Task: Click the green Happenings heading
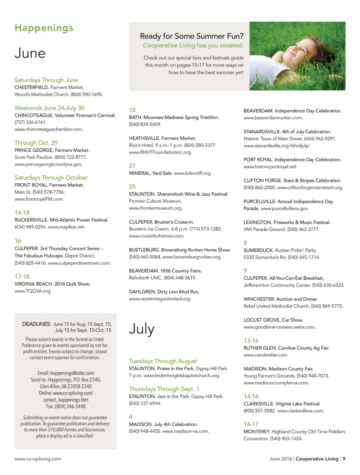pos(44,28)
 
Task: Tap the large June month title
pos(30,53)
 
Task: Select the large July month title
pos(142,329)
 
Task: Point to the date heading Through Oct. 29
pos(36,143)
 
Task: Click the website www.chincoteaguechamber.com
pos(49,129)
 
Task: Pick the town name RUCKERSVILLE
pos(31,220)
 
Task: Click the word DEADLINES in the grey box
pos(37,324)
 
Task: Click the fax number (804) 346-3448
pos(70,406)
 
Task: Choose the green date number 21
pos(132,166)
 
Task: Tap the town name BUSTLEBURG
pos(144,250)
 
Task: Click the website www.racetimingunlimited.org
pos(160,299)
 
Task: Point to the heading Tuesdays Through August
pos(163,361)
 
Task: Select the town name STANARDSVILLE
pos(262,132)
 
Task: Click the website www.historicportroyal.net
pos(270,167)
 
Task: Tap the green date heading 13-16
pos(251,341)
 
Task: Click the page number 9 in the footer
pos(344,459)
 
